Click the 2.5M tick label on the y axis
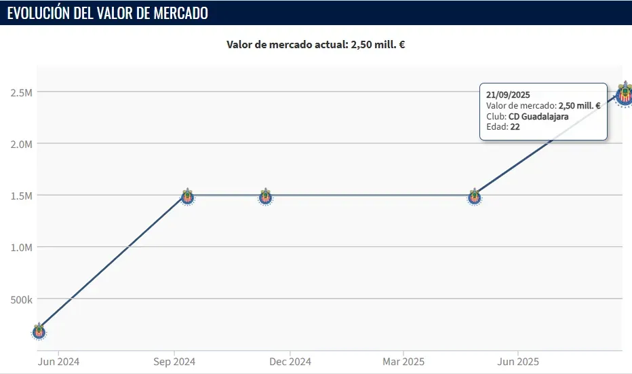pos(20,92)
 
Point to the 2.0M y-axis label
pos(20,144)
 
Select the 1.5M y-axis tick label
pos(20,195)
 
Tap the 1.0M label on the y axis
pos(20,247)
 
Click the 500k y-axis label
pos(20,299)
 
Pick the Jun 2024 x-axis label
pos(58,362)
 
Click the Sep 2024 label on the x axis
pos(175,362)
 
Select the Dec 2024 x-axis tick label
pos(290,362)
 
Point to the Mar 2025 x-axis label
pos(403,362)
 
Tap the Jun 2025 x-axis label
pos(519,362)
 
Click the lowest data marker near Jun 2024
pos(39,331)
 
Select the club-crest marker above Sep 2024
pos(188,197)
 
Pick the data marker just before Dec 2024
pos(266,197)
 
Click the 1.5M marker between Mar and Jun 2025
pos(475,197)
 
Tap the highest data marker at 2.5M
pos(625,94)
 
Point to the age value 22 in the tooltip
pos(515,126)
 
